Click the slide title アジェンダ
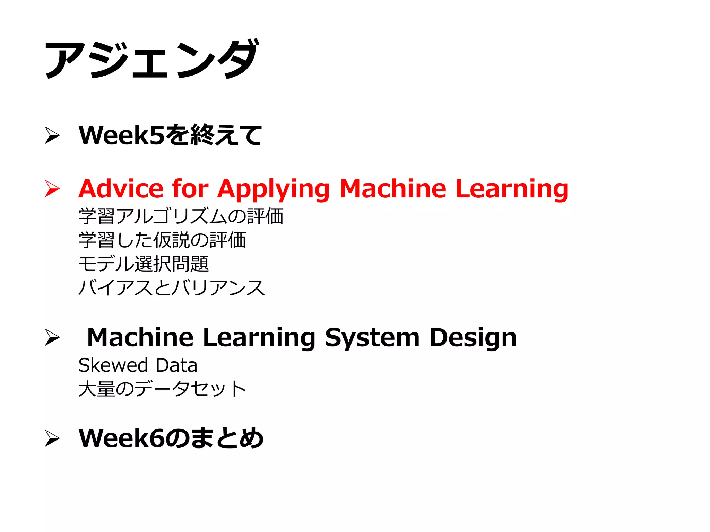(x=151, y=59)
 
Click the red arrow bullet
(x=52, y=189)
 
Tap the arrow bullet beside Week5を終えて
(x=52, y=135)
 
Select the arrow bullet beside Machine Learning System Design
(x=52, y=337)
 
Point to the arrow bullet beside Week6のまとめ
(x=52, y=438)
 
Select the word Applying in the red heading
(x=273, y=189)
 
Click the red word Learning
(x=512, y=189)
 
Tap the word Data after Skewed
(x=176, y=365)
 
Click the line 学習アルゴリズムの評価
(x=181, y=216)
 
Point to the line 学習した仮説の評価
(x=162, y=240)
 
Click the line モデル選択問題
(x=144, y=264)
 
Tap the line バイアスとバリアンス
(x=172, y=288)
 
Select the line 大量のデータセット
(x=162, y=389)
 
